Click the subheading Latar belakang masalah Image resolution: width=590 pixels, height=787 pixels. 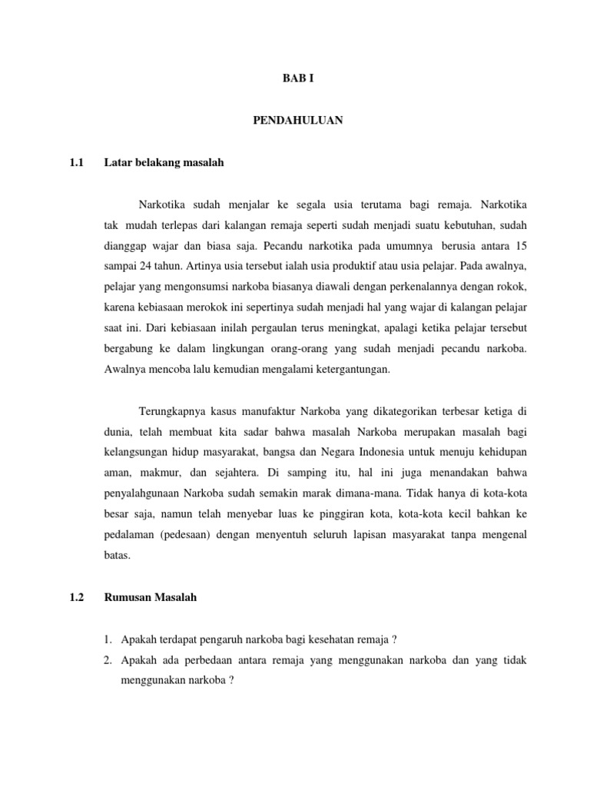click(164, 163)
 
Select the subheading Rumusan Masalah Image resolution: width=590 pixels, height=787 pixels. click(151, 596)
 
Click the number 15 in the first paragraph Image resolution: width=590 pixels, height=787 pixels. click(521, 245)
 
